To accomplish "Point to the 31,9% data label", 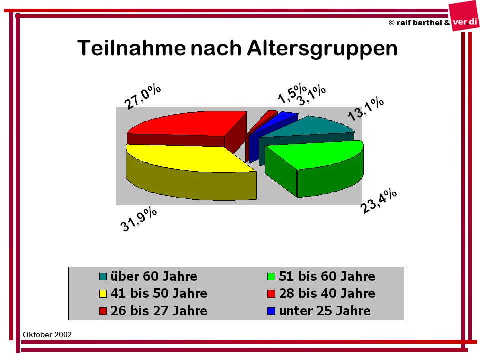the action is tap(138, 219).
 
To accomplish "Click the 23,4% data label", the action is tap(379, 201).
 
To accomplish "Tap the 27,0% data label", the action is tap(142, 97).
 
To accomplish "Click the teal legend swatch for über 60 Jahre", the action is tap(103, 276).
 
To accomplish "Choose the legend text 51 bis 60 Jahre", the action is tap(327, 276).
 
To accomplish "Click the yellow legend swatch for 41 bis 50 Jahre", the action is tap(103, 294).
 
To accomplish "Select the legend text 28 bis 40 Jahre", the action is tap(327, 293).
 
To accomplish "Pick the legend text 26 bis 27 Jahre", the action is tap(159, 311).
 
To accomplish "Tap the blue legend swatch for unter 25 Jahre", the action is tap(271, 311).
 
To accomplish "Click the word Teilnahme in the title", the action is tap(131, 48).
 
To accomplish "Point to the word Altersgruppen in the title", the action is tap(322, 49).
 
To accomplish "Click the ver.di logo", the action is tap(464, 17).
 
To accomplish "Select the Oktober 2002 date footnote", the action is tap(47, 335).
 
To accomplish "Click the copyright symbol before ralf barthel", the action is tap(392, 23).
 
